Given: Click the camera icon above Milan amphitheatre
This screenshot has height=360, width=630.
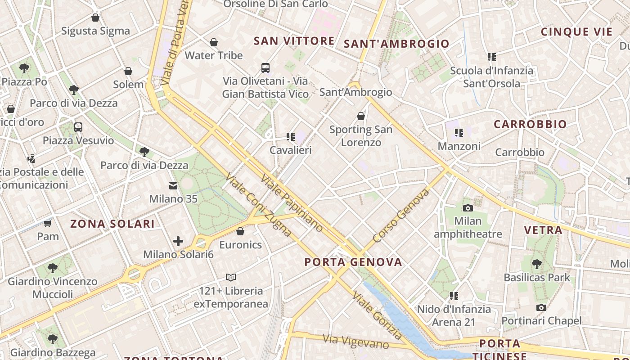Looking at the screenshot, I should (468, 208).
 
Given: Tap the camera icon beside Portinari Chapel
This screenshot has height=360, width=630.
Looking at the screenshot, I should (541, 308).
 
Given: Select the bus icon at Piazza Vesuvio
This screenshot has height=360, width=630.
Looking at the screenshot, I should (78, 127).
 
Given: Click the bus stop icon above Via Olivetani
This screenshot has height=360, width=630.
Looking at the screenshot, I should (265, 68).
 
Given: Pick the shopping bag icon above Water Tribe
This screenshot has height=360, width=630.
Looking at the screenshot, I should (214, 42).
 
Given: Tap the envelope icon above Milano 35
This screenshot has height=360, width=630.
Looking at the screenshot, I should (173, 186).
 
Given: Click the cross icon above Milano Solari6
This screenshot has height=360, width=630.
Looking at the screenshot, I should (178, 241).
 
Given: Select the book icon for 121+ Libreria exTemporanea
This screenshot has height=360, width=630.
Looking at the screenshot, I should (231, 277).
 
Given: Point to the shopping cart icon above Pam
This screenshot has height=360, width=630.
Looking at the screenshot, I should (48, 223).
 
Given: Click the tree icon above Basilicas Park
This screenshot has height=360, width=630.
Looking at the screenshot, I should (536, 264).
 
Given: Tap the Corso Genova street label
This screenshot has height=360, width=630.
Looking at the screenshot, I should (401, 216).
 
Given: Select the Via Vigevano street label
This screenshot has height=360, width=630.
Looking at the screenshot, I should (356, 342).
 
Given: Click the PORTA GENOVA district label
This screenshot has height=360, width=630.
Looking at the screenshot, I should (353, 262).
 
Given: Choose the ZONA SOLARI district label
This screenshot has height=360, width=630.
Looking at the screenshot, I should (112, 224).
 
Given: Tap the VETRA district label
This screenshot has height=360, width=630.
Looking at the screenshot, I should (543, 230).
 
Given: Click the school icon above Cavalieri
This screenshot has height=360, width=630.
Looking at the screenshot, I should (291, 136).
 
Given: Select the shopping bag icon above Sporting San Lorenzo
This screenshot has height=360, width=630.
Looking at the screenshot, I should (360, 116).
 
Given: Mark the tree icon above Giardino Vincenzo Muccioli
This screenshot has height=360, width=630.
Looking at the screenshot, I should (53, 268).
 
